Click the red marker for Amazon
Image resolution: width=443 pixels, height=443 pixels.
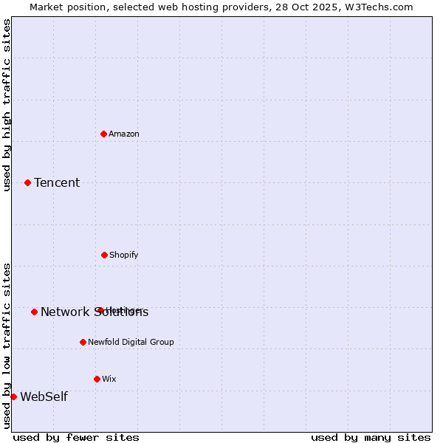[104, 134]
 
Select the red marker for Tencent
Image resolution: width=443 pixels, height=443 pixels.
[28, 182]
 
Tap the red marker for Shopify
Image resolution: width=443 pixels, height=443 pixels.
[104, 255]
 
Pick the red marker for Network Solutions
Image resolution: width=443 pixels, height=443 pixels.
[34, 312]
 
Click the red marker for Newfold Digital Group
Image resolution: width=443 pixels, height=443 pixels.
[83, 342]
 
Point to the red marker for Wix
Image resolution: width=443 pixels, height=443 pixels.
[97, 379]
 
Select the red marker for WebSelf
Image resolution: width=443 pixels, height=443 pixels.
[13, 396]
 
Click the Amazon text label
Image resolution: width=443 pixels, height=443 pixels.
[124, 134]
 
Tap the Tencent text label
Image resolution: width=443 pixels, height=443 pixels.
[57, 182]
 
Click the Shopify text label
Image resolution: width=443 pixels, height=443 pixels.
[124, 255]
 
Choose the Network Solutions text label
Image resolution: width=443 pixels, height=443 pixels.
[95, 312]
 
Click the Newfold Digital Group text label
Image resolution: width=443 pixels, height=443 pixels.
[131, 342]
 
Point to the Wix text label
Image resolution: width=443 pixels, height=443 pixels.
[109, 379]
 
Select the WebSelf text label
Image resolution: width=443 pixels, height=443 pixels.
[44, 396]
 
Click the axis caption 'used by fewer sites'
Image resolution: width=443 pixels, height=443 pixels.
[76, 437]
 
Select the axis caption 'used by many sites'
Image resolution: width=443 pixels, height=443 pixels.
[371, 437]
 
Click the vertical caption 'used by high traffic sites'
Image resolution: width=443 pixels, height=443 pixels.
[7, 105]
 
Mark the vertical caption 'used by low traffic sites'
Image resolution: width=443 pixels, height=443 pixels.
[7, 346]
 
